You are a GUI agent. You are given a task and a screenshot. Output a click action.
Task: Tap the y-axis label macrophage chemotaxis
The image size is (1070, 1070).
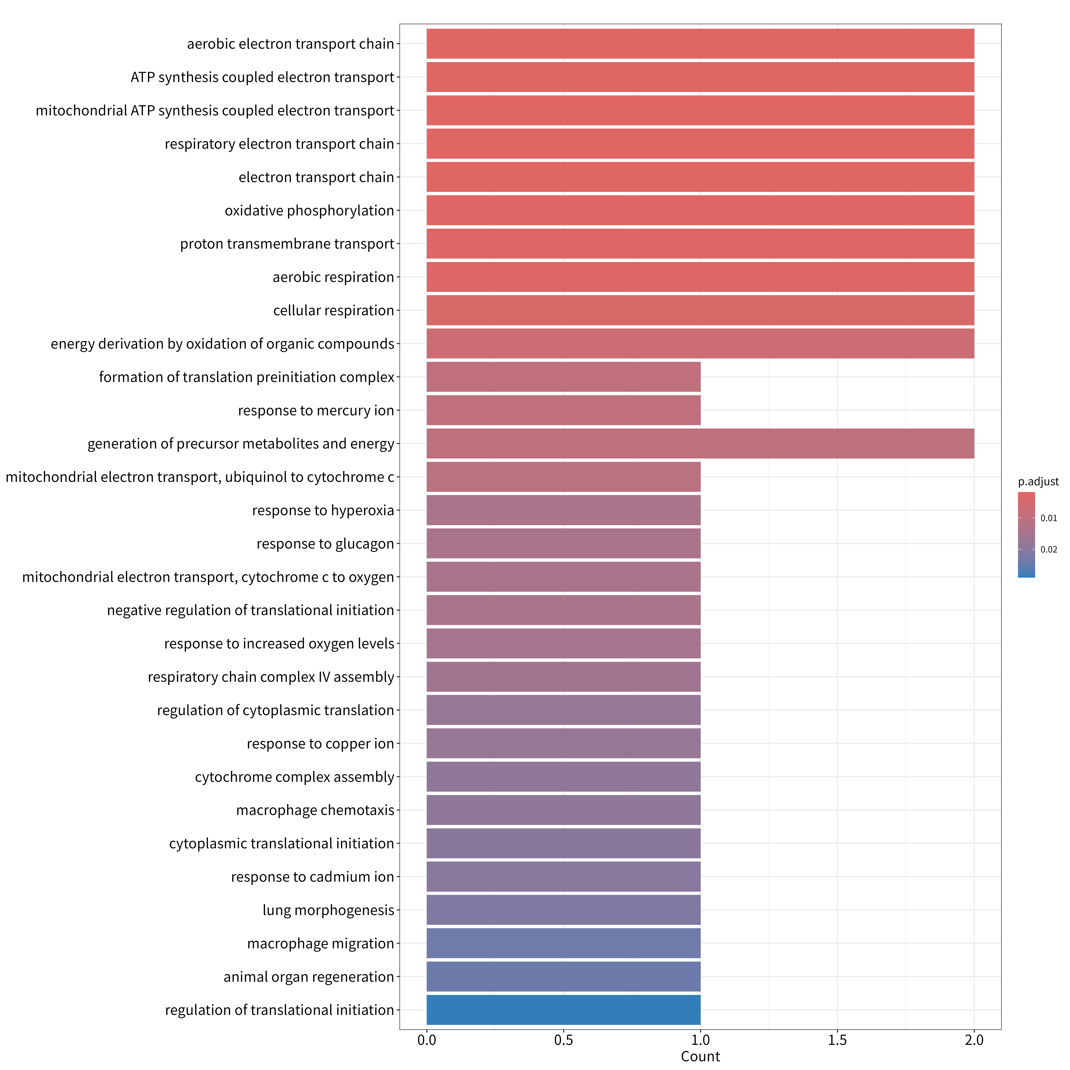tap(315, 810)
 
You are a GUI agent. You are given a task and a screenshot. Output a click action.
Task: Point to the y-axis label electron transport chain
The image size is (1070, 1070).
tap(316, 177)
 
